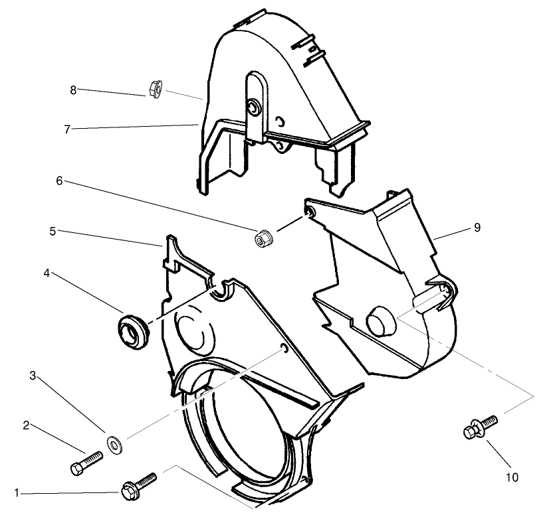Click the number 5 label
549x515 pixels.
coord(53,232)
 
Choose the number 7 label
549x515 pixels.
coord(66,129)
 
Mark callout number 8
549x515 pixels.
coord(73,89)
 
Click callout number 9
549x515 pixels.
coord(477,227)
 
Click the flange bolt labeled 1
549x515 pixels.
coord(138,486)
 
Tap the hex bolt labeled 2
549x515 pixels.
coord(86,463)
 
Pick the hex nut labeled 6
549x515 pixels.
coord(263,237)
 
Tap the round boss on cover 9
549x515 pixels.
coord(380,321)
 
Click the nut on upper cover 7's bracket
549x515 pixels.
coord(253,108)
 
